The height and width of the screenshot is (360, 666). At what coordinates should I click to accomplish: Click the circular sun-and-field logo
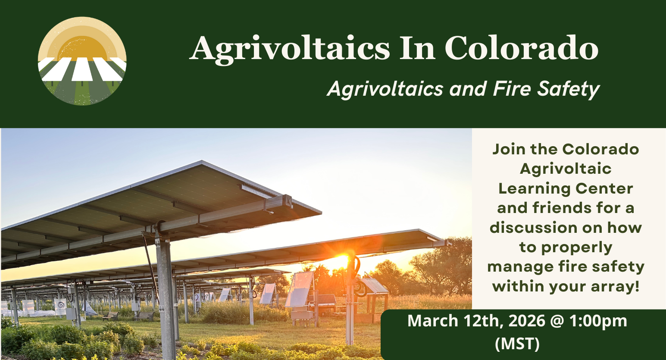pos(82,61)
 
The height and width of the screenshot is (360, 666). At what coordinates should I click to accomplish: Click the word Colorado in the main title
pos(522,48)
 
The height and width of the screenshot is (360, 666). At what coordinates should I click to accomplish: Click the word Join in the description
pos(509,149)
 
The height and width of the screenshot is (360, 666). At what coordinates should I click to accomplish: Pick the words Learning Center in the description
pos(566,188)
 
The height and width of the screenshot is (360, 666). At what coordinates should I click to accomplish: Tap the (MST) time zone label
pos(517,344)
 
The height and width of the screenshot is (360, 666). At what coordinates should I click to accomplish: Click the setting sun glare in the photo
pos(341,261)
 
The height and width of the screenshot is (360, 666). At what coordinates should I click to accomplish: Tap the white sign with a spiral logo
pos(60,305)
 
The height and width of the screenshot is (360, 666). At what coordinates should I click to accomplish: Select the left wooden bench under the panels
pos(110,316)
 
